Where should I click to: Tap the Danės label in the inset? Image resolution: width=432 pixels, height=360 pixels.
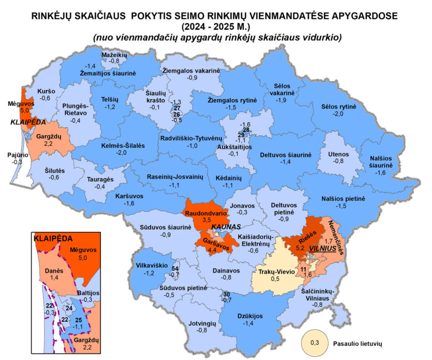(54, 271)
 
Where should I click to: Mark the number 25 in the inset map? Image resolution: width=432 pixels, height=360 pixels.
(78, 320)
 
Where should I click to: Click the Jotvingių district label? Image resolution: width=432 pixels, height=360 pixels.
(202, 323)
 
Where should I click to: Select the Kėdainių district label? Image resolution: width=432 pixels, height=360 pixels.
(229, 178)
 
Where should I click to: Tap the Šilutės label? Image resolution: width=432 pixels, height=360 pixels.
(54, 170)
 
